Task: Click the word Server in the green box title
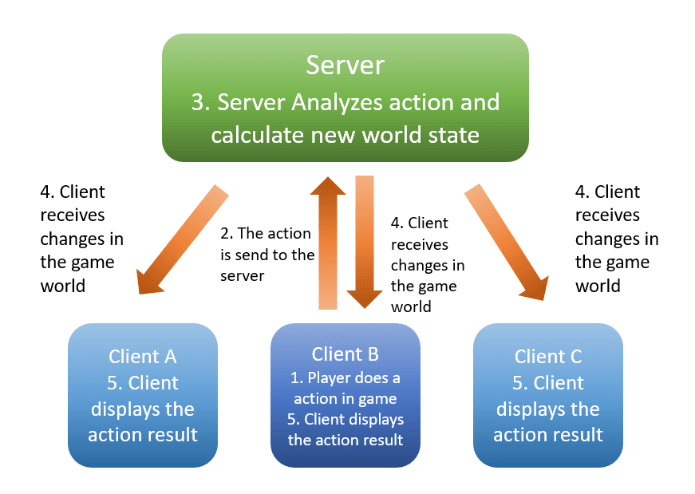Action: pos(345,65)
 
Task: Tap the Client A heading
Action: pos(143,357)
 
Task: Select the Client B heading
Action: pos(346,354)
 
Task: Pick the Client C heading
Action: pos(547,357)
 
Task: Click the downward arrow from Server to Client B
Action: pos(364,239)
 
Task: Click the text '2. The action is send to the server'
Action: pos(267,255)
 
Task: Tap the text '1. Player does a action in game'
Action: pos(346,388)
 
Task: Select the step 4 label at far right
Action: pos(616,239)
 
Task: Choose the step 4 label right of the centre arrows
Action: pos(427,264)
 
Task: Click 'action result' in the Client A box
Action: pos(143,435)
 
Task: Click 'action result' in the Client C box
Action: pos(547,435)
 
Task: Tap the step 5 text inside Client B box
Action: pos(346,429)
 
